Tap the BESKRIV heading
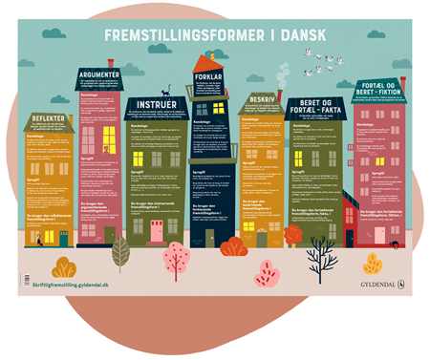coord(261,99)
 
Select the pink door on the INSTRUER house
coord(157,230)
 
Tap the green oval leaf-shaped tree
coord(120,252)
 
